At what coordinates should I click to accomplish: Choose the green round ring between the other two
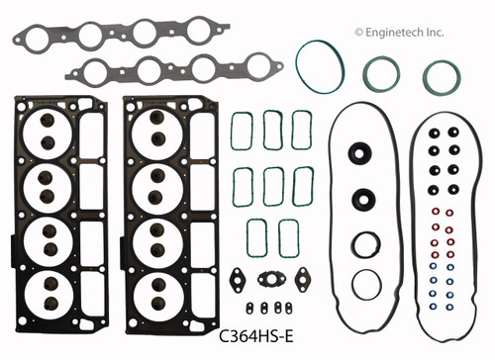(381, 75)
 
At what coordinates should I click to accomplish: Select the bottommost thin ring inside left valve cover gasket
(365, 283)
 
